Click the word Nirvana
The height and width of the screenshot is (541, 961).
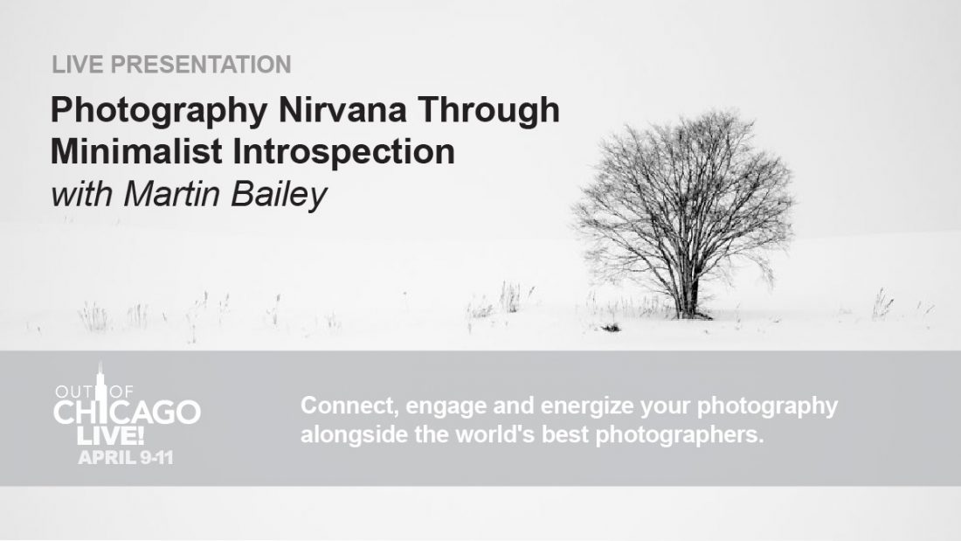(x=342, y=110)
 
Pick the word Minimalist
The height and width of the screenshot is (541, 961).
(x=136, y=151)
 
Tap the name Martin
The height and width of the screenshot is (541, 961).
(x=171, y=194)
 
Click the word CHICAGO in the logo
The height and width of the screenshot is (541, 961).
(x=127, y=413)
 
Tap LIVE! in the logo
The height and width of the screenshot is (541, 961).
(x=110, y=436)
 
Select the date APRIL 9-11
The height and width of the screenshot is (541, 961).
(x=126, y=458)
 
